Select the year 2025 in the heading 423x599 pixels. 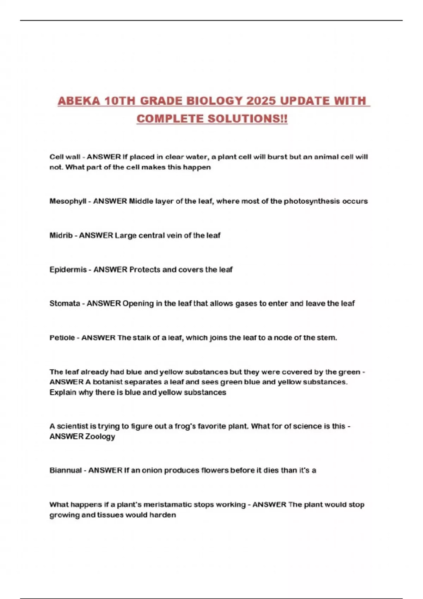pos(261,101)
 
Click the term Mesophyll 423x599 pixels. pos(68,201)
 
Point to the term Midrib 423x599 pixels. pos(61,235)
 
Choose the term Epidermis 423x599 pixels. pos(68,270)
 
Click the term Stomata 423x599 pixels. pos(65,303)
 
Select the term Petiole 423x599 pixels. pos(62,338)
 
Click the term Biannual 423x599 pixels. pos(66,470)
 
